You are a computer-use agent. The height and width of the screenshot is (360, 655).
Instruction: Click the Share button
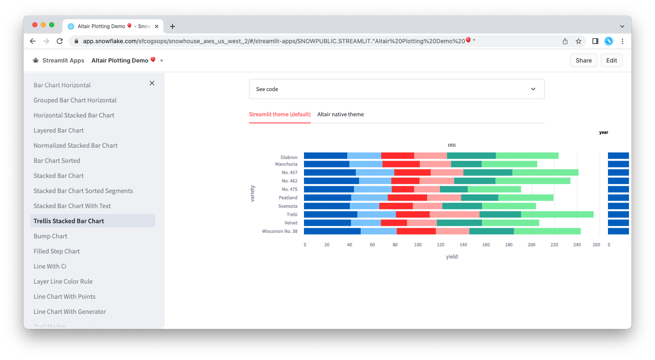pos(584,60)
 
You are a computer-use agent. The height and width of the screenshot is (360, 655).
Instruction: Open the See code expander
pos(396,89)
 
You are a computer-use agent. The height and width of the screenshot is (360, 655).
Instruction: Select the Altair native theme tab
pos(341,114)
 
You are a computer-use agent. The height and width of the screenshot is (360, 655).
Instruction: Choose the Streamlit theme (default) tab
pos(280,114)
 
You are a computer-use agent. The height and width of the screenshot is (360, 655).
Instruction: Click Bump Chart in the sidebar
pos(50,236)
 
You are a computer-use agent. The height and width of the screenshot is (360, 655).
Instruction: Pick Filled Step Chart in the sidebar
pos(57,251)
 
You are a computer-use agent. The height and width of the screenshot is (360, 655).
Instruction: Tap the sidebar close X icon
pos(152,83)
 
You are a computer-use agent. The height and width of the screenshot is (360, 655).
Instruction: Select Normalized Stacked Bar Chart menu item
pos(76,146)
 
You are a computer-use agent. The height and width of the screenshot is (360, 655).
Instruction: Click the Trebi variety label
pos(292,214)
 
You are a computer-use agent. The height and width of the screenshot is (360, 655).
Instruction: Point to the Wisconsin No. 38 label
pos(280,231)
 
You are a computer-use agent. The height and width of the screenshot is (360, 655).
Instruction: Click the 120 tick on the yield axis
pos(440,245)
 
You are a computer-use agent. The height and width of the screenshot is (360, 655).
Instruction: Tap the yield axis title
pos(452,256)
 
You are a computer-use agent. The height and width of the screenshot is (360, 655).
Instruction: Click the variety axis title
pos(252,193)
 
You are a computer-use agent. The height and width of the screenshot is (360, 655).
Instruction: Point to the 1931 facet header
pos(452,145)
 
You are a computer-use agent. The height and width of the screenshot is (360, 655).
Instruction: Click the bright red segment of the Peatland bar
pos(407,198)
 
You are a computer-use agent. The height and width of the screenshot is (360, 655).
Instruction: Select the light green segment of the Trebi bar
pos(557,214)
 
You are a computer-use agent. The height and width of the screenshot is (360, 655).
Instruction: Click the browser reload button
pos(60,41)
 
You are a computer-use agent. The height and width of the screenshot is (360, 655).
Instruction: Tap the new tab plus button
pos(173,26)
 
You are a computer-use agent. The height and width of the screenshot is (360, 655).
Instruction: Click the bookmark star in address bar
pos(579,41)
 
